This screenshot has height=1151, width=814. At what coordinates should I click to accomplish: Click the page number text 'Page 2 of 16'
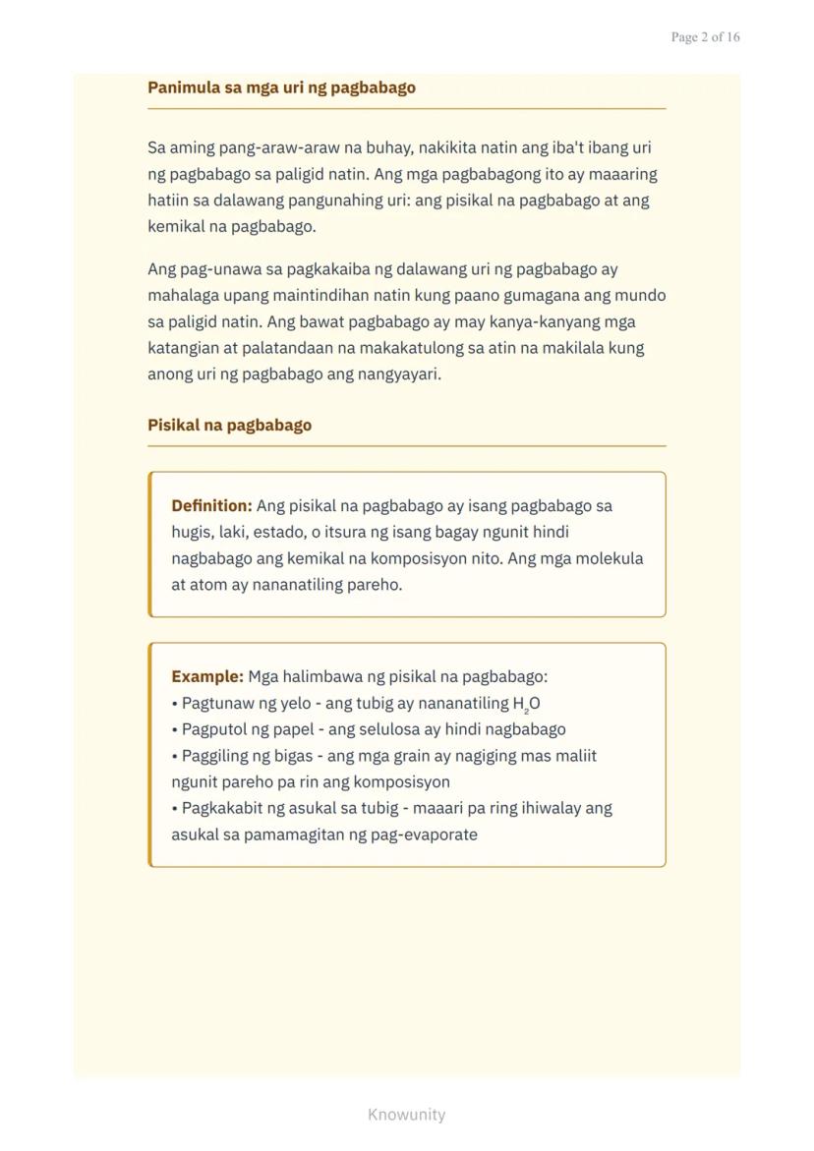coord(705,37)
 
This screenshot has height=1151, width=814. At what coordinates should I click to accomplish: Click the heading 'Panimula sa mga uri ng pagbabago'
coord(281,87)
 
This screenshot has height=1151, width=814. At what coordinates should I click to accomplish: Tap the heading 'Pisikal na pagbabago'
coord(229,426)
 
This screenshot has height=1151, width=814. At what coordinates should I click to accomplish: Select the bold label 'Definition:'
coord(211,506)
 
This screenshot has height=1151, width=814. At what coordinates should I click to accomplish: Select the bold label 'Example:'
coord(206,677)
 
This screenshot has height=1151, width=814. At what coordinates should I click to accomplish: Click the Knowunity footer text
coord(406,1115)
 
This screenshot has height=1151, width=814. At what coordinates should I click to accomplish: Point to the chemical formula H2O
coord(526,704)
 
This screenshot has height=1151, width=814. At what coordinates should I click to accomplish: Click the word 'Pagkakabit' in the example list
coord(221,808)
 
